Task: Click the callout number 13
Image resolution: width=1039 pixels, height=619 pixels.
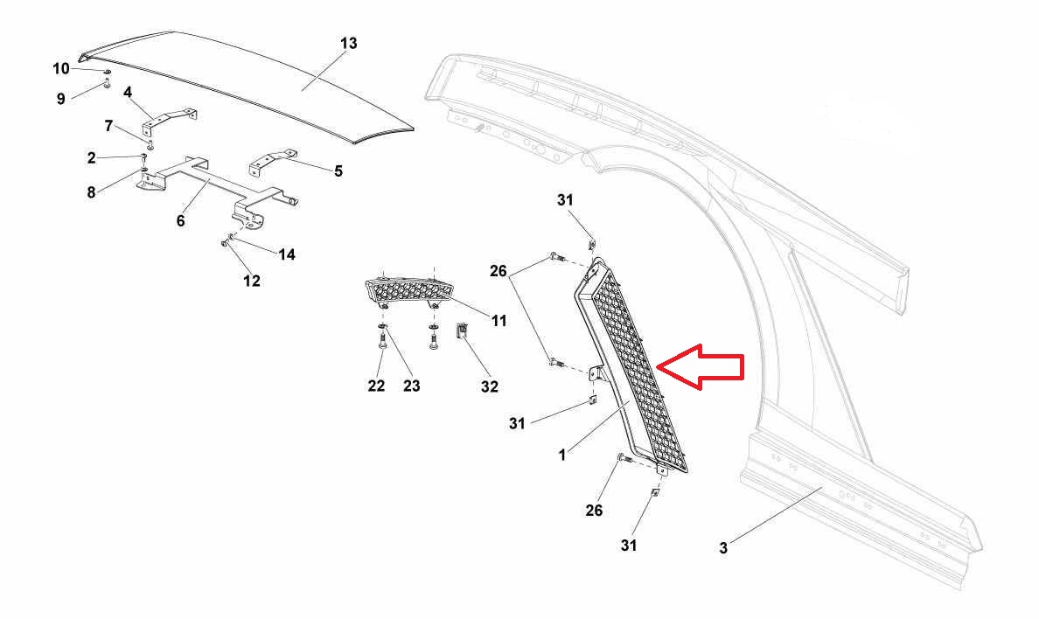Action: click(x=348, y=43)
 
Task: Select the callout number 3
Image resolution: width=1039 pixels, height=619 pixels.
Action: click(x=723, y=548)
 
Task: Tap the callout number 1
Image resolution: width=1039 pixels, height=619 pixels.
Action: click(x=562, y=454)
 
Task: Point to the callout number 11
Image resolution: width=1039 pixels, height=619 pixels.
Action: click(x=499, y=321)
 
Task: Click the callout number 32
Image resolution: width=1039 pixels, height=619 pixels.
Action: click(x=489, y=386)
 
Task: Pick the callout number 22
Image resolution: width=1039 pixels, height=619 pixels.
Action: click(x=376, y=386)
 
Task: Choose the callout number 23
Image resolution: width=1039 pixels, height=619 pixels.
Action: click(x=411, y=386)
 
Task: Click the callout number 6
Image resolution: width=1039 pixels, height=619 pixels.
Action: click(x=180, y=220)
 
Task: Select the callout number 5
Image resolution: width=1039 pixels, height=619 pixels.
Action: click(x=338, y=171)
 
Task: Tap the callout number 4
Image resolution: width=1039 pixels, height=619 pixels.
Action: click(x=127, y=92)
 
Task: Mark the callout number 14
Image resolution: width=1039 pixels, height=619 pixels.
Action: click(x=287, y=254)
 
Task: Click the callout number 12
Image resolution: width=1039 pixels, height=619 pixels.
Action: click(x=252, y=281)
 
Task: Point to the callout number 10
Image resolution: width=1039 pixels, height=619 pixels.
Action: click(x=61, y=68)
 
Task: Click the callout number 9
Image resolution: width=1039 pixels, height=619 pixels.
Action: click(x=61, y=99)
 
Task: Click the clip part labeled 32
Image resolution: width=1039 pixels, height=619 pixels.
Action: click(x=463, y=331)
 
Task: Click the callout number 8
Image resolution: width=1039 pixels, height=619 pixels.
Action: click(x=91, y=191)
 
